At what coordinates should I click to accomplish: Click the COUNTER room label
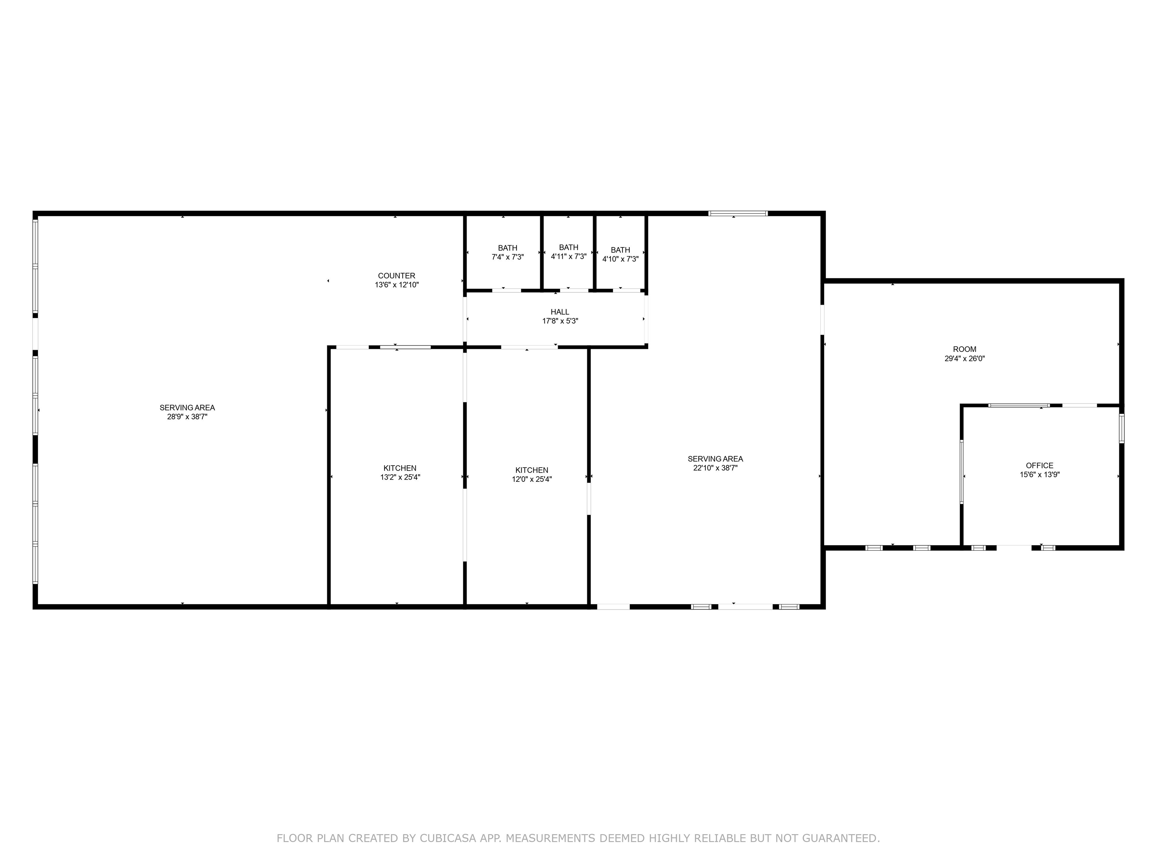tap(397, 276)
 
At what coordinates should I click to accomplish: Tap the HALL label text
tap(560, 312)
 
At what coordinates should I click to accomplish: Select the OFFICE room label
tap(1039, 465)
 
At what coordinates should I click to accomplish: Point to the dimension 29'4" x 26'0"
tap(965, 358)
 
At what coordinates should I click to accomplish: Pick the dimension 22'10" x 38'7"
tap(715, 468)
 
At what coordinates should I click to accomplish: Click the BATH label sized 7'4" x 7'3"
tap(507, 248)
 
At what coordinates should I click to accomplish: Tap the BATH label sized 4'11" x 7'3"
tap(569, 248)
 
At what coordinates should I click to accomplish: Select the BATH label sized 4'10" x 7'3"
tap(620, 250)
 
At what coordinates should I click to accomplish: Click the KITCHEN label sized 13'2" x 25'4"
tap(400, 468)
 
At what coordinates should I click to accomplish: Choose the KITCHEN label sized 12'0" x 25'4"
tap(531, 470)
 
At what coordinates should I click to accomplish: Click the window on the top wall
tap(737, 214)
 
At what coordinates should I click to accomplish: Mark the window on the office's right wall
tap(1121, 428)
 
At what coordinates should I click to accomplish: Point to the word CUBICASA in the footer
tap(447, 838)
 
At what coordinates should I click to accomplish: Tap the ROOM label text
tap(965, 349)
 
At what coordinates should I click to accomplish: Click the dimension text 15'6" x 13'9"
tap(1039, 475)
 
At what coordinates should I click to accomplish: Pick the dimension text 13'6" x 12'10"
tap(397, 285)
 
